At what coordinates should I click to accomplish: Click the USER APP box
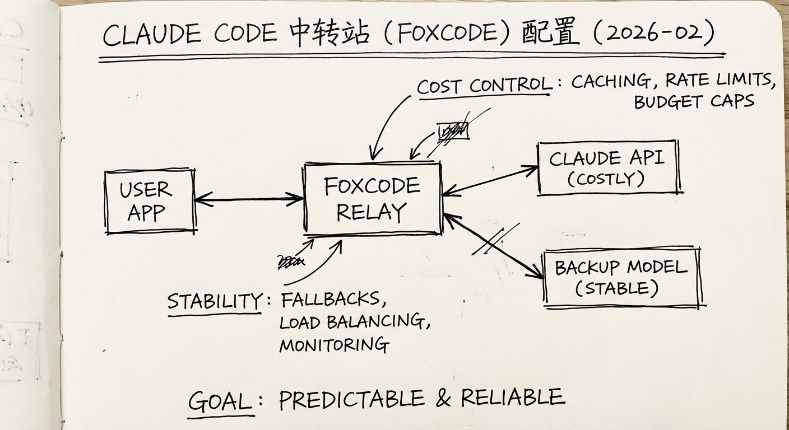pos(150,201)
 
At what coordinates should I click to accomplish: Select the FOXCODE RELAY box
pos(372,199)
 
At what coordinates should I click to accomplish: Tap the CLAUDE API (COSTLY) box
pos(607,167)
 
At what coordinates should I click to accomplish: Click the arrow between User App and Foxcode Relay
pos(249,198)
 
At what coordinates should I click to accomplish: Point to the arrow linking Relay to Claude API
pos(490,180)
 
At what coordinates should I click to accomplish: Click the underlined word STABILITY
pos(214,301)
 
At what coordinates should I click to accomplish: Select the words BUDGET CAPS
pos(694,101)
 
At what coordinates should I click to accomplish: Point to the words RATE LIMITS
pos(720,81)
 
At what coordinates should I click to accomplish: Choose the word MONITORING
pos(334,344)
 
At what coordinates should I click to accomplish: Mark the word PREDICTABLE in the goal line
pos(351,399)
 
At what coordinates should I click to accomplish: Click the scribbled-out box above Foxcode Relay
pos(453,131)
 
